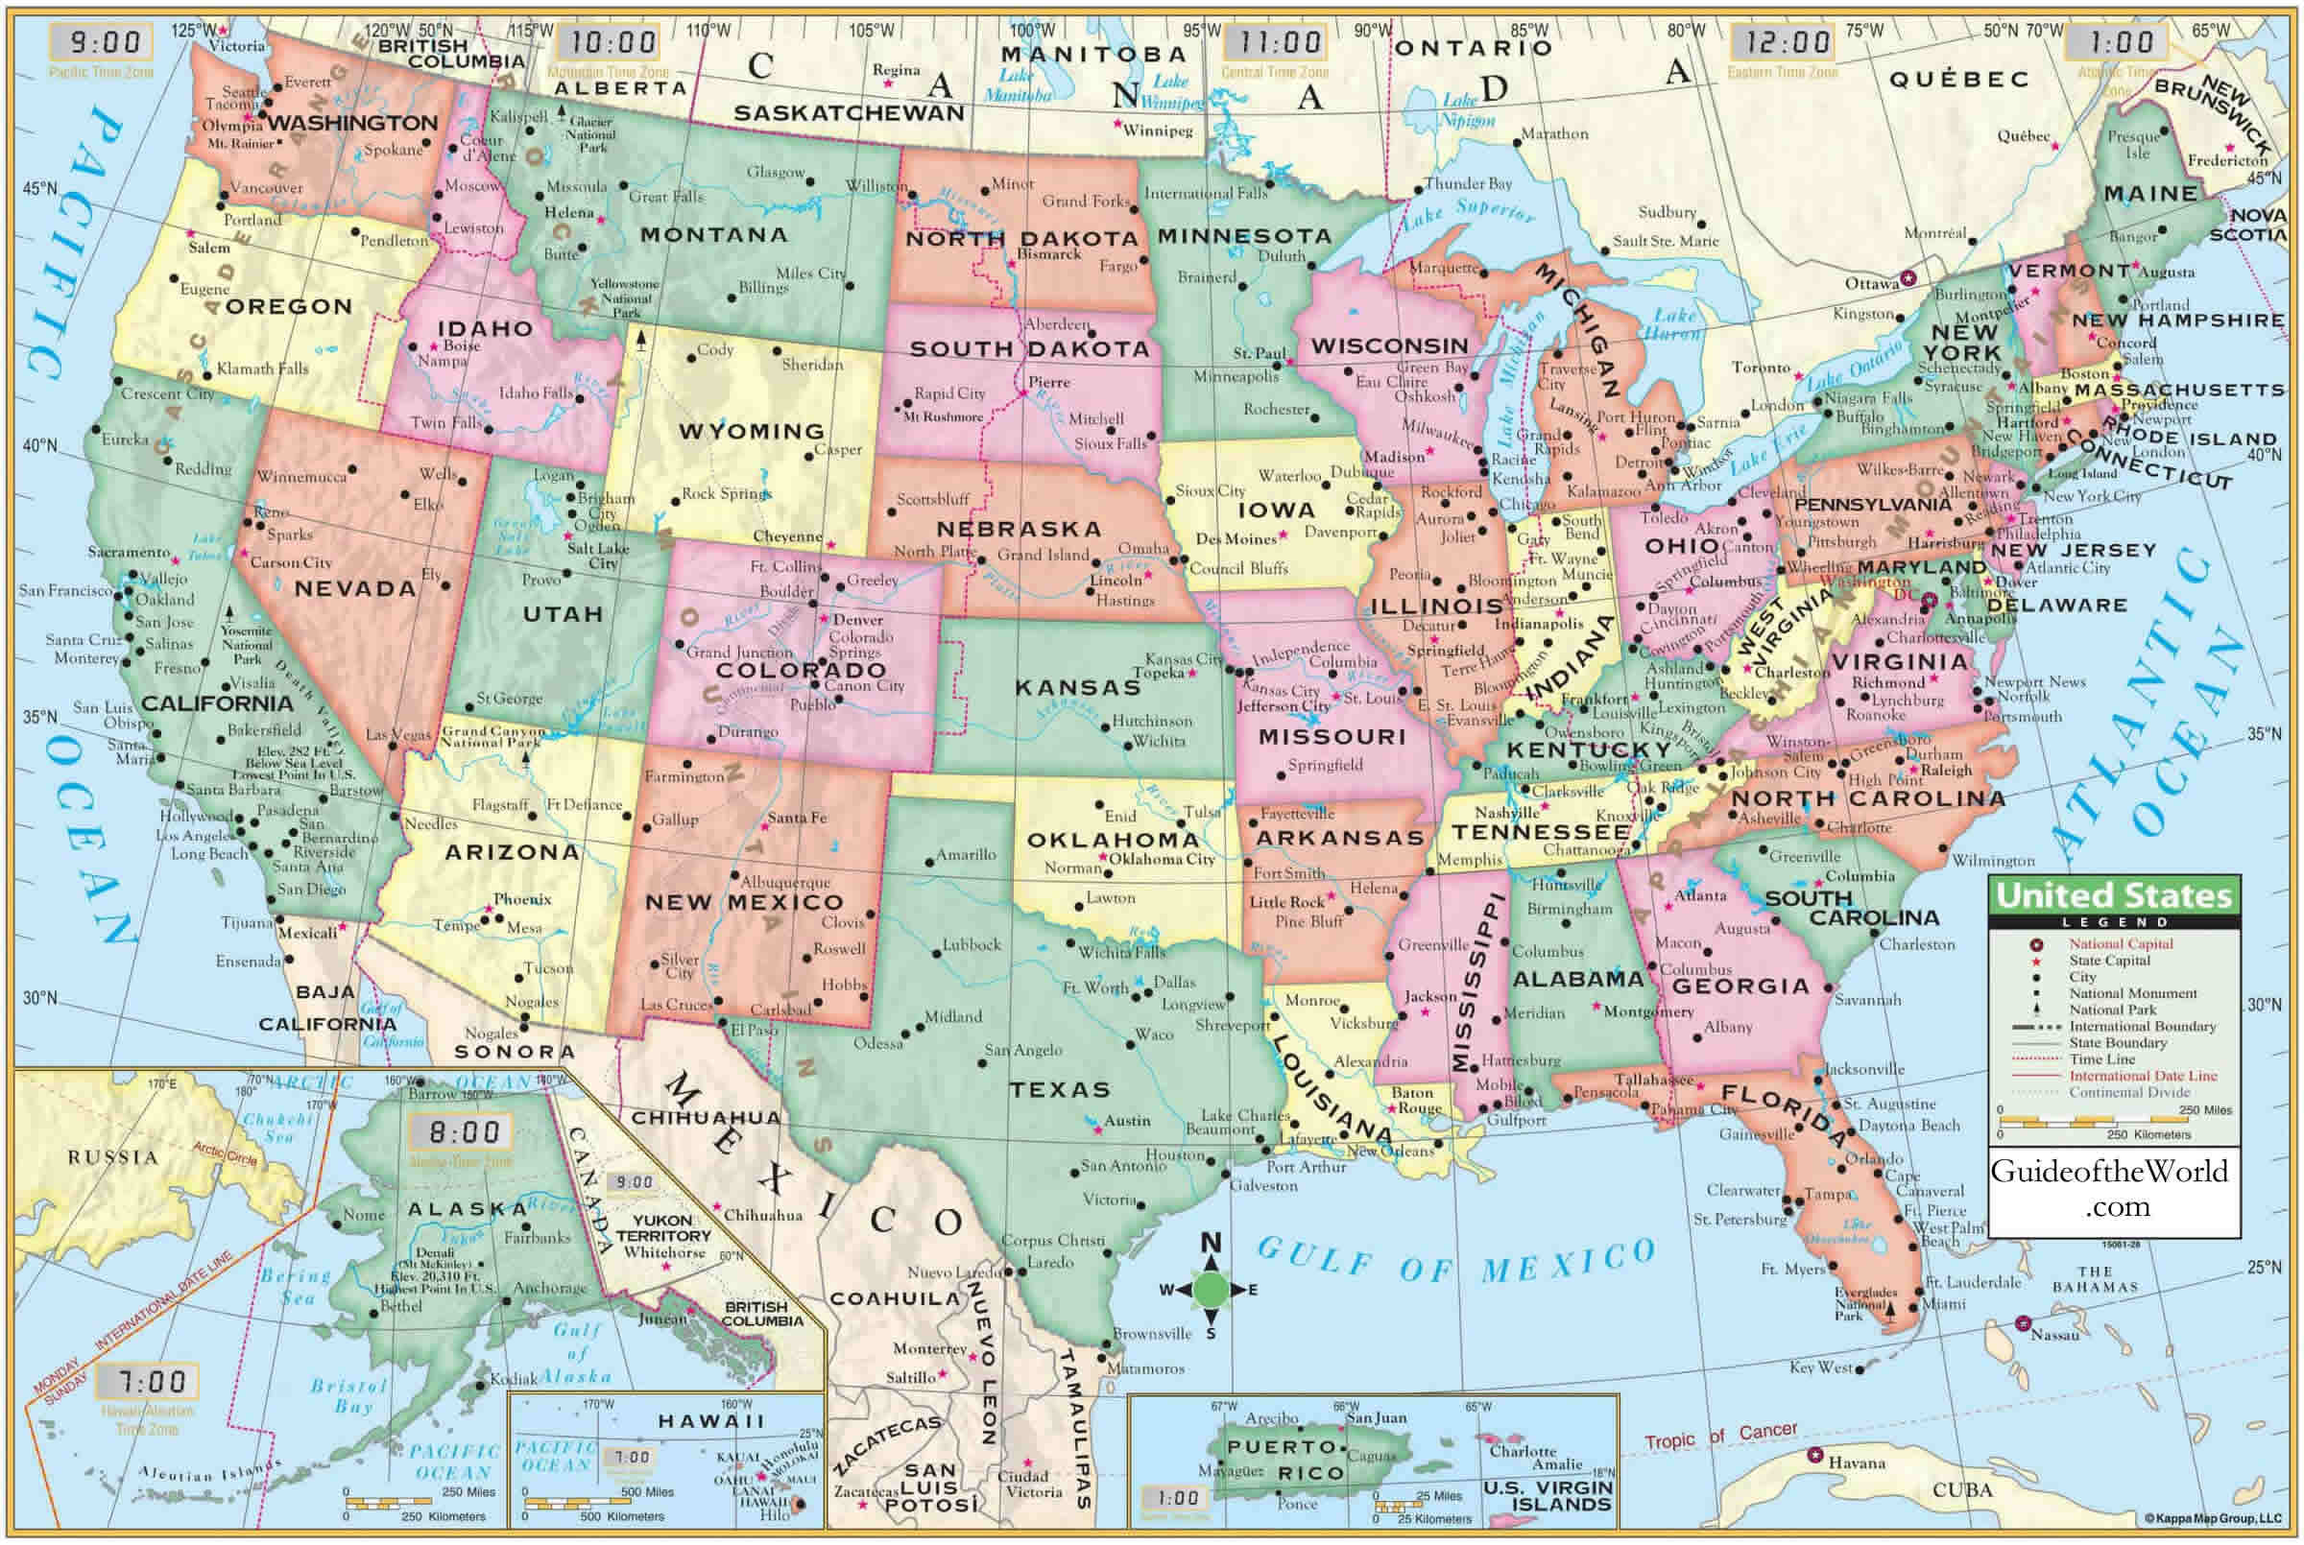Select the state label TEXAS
[1060, 1090]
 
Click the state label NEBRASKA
[1018, 529]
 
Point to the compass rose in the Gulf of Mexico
[1211, 1289]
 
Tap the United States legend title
[2114, 895]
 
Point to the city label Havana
[1857, 1463]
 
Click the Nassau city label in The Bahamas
[2053, 1335]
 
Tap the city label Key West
[1821, 1367]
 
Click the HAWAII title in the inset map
[710, 1421]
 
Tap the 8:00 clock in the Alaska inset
[464, 1132]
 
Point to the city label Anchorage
[549, 1288]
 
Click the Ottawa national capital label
[1871, 284]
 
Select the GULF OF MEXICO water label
[1454, 1260]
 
